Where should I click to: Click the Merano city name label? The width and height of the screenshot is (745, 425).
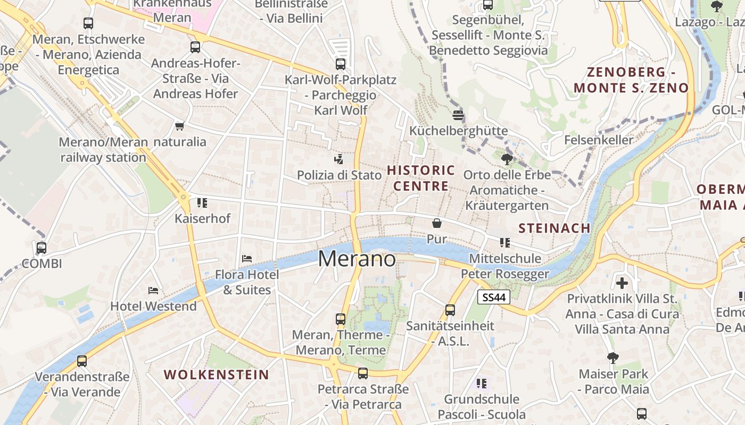click(357, 259)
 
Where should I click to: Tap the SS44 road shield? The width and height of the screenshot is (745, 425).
click(493, 297)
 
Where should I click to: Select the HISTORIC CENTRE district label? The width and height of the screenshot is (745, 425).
click(421, 178)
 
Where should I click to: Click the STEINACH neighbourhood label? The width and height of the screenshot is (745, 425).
click(554, 228)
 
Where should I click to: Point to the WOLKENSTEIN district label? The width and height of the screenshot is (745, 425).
click(216, 375)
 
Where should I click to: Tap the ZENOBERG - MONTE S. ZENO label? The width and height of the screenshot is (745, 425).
click(631, 80)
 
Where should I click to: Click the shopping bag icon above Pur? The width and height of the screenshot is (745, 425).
click(437, 223)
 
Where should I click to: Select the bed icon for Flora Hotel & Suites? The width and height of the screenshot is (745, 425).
click(247, 259)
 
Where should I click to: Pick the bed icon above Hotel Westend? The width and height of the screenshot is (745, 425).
click(153, 291)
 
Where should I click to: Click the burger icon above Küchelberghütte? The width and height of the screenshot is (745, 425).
click(458, 115)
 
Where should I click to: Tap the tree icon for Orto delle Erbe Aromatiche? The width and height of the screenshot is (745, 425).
click(507, 159)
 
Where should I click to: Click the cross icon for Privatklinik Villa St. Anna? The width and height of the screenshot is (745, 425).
click(622, 283)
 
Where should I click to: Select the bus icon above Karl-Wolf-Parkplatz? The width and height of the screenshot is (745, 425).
click(341, 64)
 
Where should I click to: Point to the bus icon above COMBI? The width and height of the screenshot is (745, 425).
click(42, 248)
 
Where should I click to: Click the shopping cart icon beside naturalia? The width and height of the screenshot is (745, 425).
click(179, 126)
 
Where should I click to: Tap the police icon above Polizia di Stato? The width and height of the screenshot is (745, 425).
click(338, 159)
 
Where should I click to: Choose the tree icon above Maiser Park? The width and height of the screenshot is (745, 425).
click(613, 358)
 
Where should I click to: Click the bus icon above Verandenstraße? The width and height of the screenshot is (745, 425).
click(82, 361)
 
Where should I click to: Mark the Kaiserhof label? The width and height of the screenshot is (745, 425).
click(202, 218)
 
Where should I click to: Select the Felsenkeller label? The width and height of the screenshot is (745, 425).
click(599, 140)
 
